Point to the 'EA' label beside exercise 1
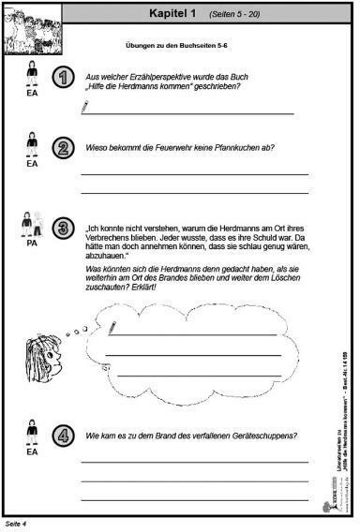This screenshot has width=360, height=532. tap(32, 94)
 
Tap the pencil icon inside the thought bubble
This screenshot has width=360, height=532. tap(112, 327)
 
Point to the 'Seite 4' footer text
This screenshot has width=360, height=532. tap(16, 524)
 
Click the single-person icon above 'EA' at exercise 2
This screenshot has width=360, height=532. tap(32, 143)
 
